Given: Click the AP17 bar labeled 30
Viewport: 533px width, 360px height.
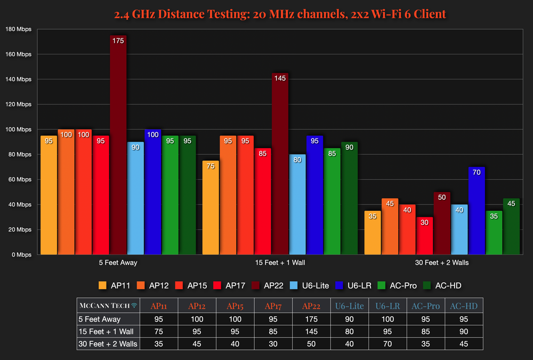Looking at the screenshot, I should click(425, 236).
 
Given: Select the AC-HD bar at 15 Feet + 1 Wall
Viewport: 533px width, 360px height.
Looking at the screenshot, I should click(349, 198).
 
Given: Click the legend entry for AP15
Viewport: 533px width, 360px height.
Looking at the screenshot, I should click(194, 285).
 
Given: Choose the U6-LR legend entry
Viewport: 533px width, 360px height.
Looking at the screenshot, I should click(354, 285).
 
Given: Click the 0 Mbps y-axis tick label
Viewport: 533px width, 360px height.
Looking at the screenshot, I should click(21, 255).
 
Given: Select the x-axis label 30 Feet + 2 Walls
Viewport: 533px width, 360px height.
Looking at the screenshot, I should click(442, 263).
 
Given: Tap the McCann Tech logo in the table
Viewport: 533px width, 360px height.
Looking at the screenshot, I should click(108, 306).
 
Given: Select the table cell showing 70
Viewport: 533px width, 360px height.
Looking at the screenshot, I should click(387, 343).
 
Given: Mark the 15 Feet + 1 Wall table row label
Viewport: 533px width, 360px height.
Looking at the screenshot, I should click(107, 332).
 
